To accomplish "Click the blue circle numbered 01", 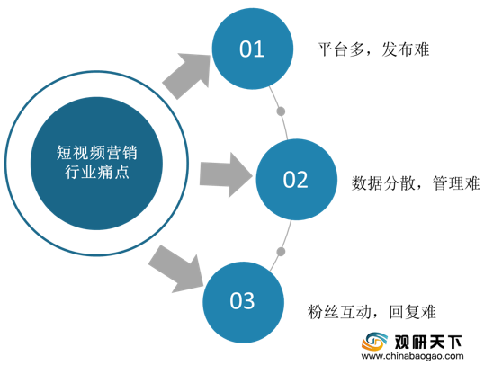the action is [x=253, y=49].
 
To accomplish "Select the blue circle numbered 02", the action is [x=297, y=180].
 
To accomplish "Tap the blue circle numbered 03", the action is [x=243, y=302].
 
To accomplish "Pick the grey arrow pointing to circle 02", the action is [x=227, y=175].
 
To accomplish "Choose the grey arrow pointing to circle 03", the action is [x=177, y=270].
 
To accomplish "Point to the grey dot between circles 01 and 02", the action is [x=281, y=111].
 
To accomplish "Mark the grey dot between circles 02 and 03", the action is [x=281, y=252].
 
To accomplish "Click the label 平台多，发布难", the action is [x=373, y=49].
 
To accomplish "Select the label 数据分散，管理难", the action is [x=416, y=183].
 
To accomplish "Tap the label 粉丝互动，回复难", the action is [x=372, y=312].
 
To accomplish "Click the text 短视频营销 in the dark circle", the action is [x=96, y=153].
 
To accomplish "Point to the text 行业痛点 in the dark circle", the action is [x=96, y=172].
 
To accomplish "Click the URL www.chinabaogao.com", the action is [x=412, y=356].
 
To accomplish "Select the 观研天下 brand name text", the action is [x=428, y=342].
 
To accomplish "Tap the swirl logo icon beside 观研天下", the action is [x=375, y=342].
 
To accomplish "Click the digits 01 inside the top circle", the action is [x=252, y=49].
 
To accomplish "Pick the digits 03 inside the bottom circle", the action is [x=242, y=301].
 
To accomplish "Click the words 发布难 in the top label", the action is [x=406, y=49].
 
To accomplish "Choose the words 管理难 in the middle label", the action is [x=456, y=183].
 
